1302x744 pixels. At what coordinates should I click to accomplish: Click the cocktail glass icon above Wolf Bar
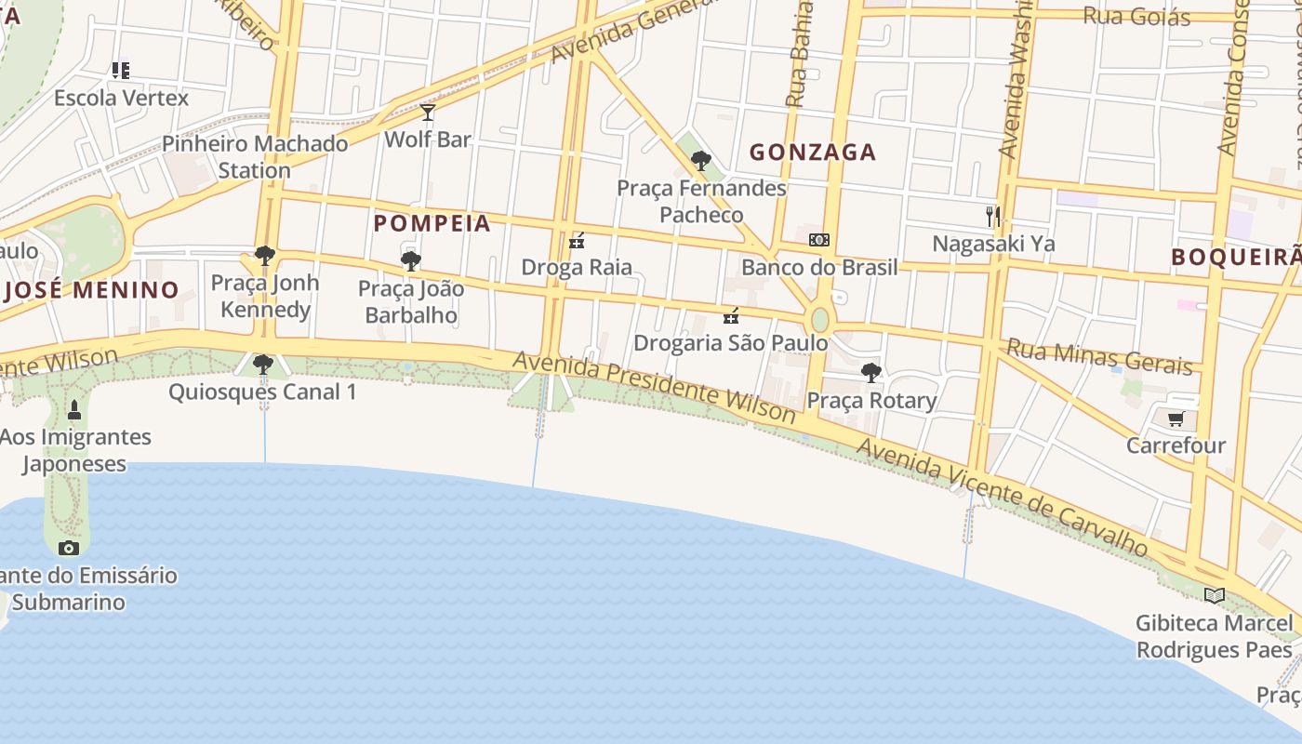[428, 113]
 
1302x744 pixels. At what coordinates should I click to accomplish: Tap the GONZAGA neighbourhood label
[813, 152]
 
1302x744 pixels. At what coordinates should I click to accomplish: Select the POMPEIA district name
[432, 223]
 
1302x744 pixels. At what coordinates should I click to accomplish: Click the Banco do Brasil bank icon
[818, 240]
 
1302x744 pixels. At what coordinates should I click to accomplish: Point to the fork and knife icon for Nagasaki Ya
[993, 217]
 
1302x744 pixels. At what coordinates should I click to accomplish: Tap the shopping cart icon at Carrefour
[1176, 419]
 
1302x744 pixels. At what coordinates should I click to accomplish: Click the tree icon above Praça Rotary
[871, 373]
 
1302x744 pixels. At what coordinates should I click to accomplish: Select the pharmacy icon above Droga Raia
[577, 241]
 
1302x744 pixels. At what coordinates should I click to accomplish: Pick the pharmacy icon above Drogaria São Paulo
[731, 316]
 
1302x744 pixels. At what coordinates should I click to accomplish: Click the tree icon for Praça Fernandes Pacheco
[701, 161]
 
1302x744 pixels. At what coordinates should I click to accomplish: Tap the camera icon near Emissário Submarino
[69, 548]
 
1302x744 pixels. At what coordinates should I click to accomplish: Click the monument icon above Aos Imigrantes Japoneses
[74, 408]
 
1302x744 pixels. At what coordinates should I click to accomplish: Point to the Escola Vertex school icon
[120, 70]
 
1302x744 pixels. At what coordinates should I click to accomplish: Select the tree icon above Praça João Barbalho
[410, 261]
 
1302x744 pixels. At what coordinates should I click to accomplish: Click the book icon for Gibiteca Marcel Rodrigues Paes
[1214, 595]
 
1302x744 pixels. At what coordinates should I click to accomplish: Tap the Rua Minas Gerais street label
[1099, 357]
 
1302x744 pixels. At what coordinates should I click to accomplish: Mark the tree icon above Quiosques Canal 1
[263, 365]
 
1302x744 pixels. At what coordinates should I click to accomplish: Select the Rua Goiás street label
[1136, 16]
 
